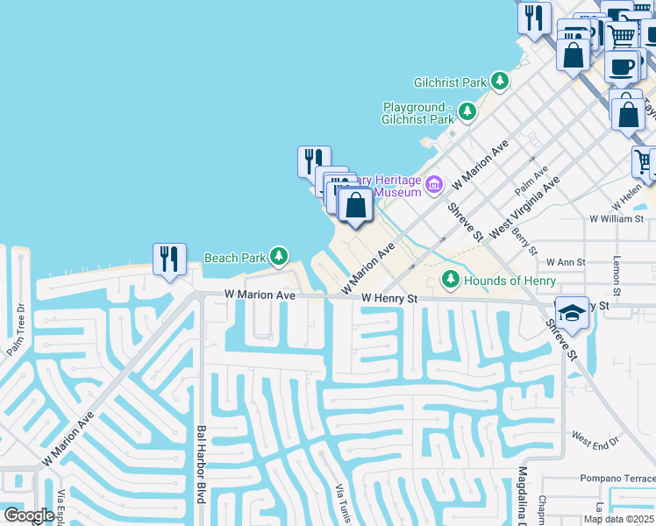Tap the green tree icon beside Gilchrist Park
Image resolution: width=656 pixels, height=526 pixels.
500,82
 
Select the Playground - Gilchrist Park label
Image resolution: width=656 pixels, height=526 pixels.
418,113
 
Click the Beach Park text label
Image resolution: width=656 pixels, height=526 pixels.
234,258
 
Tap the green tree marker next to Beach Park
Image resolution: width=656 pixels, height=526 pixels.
278,256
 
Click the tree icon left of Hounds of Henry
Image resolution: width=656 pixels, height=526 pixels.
451,279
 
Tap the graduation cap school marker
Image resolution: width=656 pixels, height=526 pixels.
571,313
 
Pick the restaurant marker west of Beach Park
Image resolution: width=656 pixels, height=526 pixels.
168,259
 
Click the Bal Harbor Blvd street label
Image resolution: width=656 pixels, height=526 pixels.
201,465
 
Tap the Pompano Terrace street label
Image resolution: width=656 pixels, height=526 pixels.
617,479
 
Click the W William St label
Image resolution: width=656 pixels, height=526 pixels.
617,218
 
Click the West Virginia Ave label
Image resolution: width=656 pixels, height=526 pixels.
524,210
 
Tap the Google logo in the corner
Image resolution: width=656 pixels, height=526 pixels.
29,515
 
